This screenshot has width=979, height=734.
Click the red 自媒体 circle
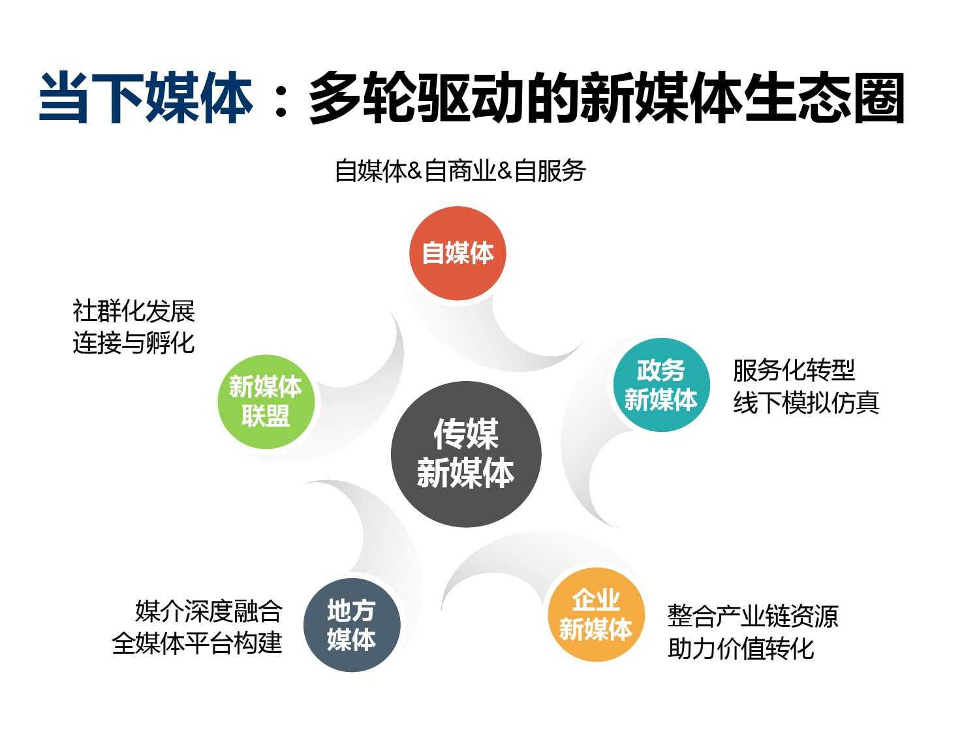(x=458, y=253)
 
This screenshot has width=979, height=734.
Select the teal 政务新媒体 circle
(x=661, y=384)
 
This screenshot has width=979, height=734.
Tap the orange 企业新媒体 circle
(x=597, y=615)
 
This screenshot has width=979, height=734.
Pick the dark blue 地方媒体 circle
(x=352, y=625)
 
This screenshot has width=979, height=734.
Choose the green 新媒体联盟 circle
(x=266, y=401)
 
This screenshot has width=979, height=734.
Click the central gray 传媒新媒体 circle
(x=466, y=454)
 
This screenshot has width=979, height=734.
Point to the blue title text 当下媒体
(x=146, y=98)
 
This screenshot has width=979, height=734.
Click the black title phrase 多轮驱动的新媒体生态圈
(x=606, y=98)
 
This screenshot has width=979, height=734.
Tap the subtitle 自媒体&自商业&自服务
(x=460, y=171)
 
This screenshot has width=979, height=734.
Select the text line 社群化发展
(x=134, y=311)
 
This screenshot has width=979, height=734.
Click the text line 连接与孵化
(x=134, y=343)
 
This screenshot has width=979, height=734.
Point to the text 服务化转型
(x=794, y=370)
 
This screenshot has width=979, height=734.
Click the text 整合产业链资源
(x=753, y=616)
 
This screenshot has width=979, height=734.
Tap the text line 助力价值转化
(x=741, y=649)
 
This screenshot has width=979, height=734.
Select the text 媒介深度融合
(x=209, y=611)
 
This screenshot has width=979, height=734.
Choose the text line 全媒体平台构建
(x=196, y=643)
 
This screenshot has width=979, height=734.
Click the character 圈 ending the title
(x=879, y=98)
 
